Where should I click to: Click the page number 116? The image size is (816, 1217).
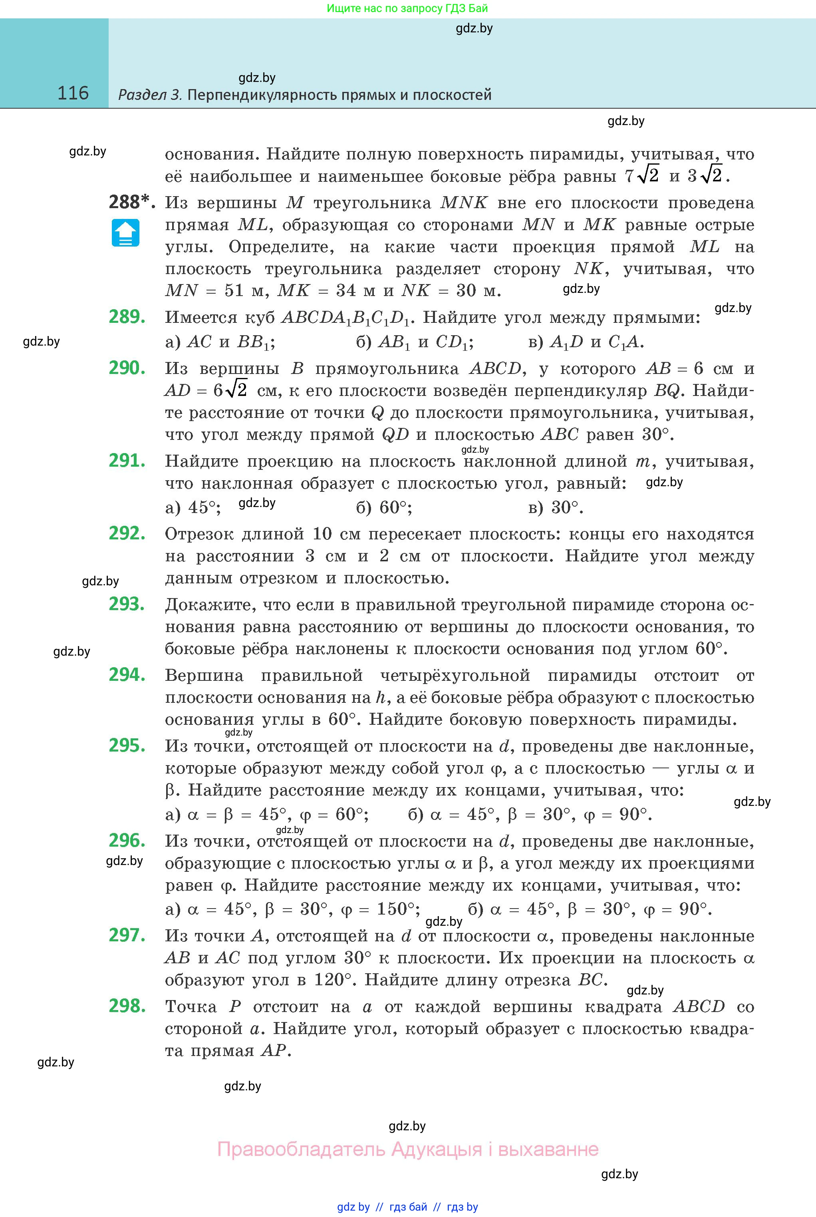tap(73, 93)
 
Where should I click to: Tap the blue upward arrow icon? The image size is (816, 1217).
tap(125, 233)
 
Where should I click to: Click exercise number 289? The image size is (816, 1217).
tap(127, 316)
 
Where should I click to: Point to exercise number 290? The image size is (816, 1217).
tap(127, 368)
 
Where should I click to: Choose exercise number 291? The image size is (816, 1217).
tap(127, 461)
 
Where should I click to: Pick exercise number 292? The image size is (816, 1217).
tap(127, 533)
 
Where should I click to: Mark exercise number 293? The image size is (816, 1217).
tap(127, 604)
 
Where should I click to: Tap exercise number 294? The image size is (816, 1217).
tap(127, 674)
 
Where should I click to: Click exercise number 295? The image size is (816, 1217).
tap(127, 746)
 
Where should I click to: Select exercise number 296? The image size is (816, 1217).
tap(127, 840)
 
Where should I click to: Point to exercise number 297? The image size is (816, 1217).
tap(127, 935)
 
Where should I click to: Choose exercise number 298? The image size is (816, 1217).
tap(127, 1006)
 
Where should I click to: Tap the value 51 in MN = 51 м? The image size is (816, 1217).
tap(234, 290)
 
